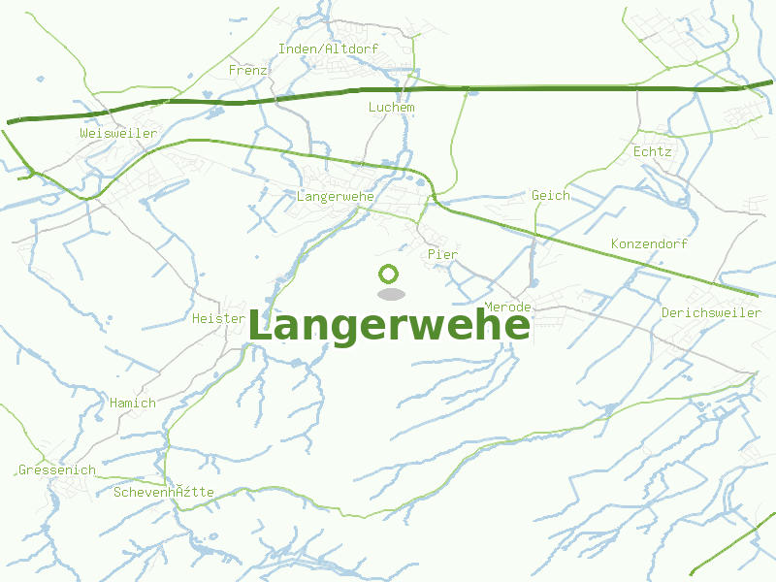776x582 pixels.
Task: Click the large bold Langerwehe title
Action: pos(389,326)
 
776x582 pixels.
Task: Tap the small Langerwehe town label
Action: pos(336,196)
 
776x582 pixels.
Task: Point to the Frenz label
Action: pos(247,70)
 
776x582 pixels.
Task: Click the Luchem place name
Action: pos(391,107)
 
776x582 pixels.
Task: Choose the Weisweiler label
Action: pos(118,133)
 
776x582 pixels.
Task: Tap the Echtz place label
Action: pos(651,152)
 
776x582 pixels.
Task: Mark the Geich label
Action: pos(550,195)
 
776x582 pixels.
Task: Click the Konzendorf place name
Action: pos(649,243)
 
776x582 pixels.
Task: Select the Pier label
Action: pos(441,254)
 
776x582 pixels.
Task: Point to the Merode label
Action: pos(507,307)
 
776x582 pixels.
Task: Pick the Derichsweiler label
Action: pos(711,312)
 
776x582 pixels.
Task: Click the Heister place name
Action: pos(218,318)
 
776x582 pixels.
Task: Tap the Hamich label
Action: pos(132,403)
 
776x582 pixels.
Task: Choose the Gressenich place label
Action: pos(57,470)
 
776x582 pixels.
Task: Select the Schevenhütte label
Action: pos(163,492)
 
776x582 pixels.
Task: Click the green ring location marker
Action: pos(389,275)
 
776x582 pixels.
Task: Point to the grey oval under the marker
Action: pos(390,294)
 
